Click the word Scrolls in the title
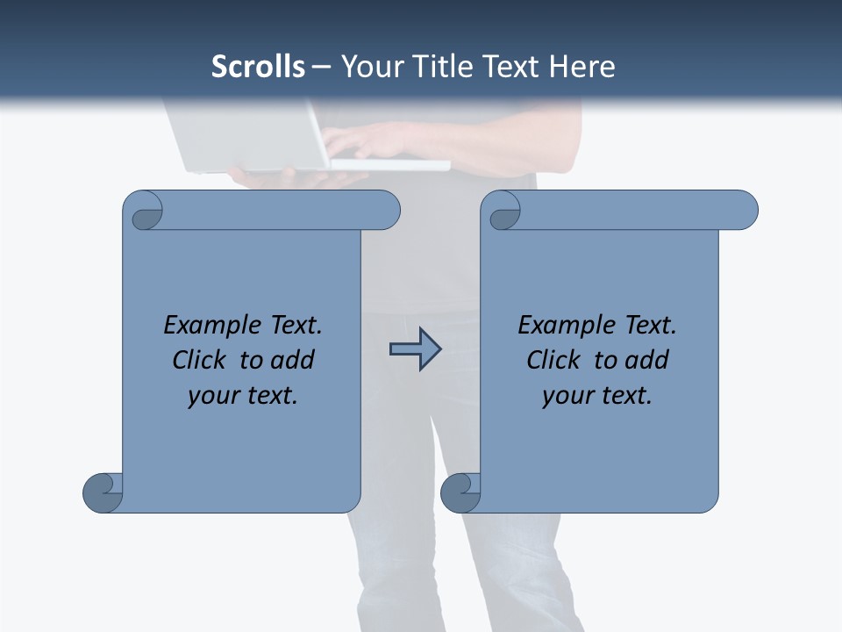pyautogui.click(x=258, y=67)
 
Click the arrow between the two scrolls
pyautogui.click(x=415, y=350)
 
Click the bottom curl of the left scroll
pyautogui.click(x=103, y=492)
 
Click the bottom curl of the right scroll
pyautogui.click(x=460, y=492)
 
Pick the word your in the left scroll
pyautogui.click(x=210, y=396)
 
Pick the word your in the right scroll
pyautogui.click(x=565, y=396)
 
